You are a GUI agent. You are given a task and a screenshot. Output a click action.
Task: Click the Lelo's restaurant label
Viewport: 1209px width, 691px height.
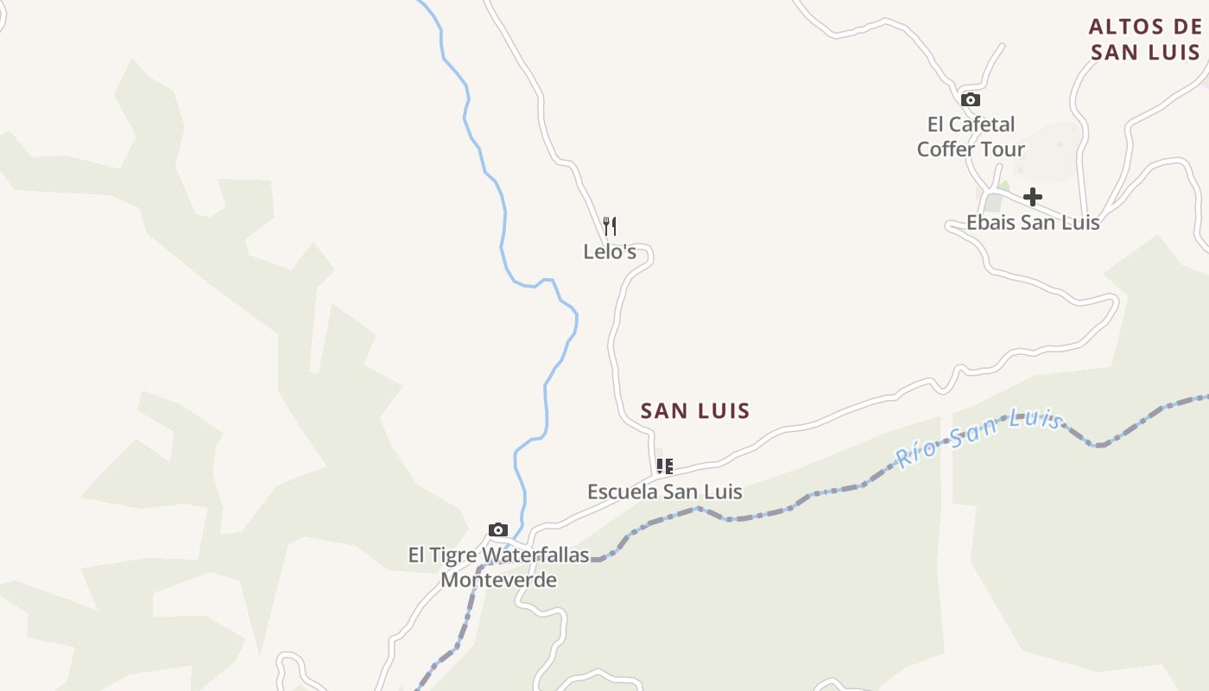point(610,251)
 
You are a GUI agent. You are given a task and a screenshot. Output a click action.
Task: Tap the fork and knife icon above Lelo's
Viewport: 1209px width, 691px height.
point(610,226)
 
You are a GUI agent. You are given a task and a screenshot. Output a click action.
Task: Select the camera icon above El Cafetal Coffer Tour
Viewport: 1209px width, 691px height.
point(971,99)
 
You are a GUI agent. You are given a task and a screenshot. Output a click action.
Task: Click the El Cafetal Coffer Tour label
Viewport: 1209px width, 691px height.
point(971,136)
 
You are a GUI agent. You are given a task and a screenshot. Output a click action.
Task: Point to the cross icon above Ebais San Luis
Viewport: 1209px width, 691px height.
point(1033,197)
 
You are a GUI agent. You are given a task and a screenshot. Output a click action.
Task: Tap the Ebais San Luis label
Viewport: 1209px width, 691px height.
point(1033,222)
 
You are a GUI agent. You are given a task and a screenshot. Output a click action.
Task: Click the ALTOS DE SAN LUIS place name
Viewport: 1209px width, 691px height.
point(1145,40)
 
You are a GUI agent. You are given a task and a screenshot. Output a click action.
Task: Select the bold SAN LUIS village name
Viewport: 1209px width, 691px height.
point(695,411)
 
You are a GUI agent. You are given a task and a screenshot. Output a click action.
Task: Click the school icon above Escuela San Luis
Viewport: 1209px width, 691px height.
point(664,466)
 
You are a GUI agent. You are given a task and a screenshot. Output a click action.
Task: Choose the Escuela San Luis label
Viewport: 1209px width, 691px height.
point(665,491)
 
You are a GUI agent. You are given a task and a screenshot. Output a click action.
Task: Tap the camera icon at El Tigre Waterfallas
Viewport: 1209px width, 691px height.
point(498,529)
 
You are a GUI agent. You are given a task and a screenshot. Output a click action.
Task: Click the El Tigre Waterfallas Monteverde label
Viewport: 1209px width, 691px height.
point(498,567)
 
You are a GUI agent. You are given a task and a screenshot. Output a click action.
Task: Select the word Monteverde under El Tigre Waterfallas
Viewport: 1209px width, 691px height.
point(498,580)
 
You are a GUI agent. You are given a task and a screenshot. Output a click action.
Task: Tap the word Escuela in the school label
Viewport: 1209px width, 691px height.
point(619,491)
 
